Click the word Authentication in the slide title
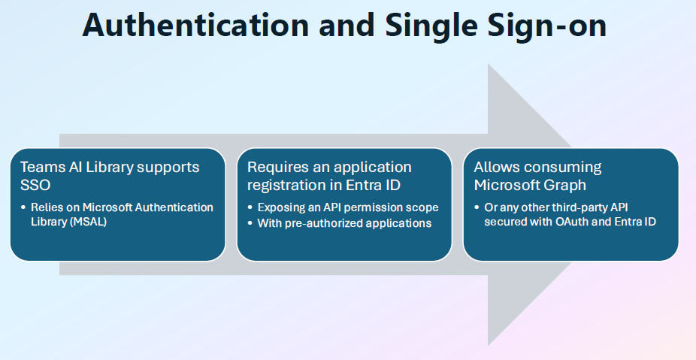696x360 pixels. click(x=195, y=25)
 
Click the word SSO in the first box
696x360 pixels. click(x=35, y=185)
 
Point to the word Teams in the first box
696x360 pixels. click(x=38, y=168)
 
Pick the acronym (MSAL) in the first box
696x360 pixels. click(x=89, y=222)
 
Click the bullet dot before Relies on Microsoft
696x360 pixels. click(x=23, y=207)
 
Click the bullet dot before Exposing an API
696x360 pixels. click(x=250, y=207)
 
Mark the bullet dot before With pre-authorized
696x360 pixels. click(x=250, y=222)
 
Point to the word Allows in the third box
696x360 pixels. click(x=492, y=168)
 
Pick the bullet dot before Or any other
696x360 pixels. click(x=477, y=207)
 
